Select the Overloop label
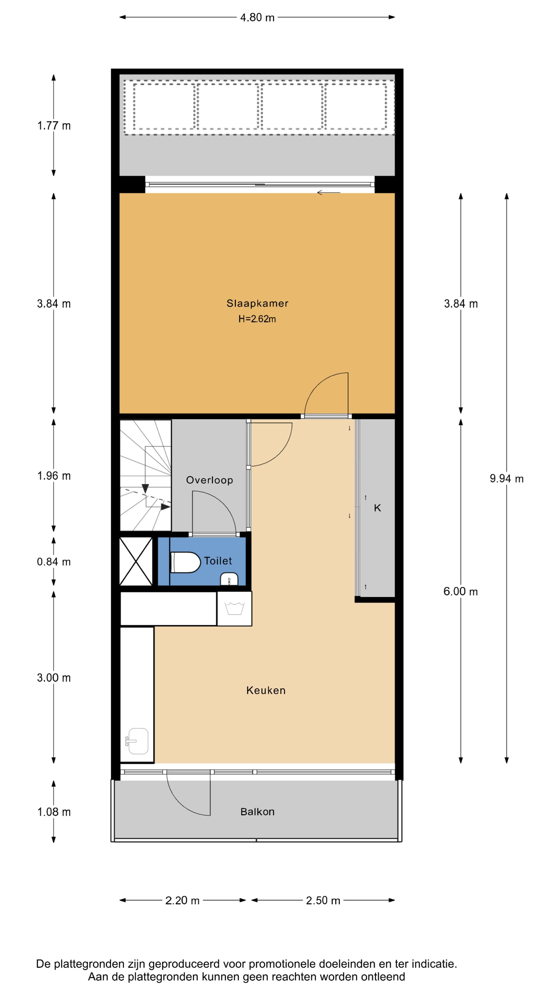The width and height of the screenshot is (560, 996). pos(209,480)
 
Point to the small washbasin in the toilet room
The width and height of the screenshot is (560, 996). pos(229,579)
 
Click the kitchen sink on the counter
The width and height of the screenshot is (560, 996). pos(137,741)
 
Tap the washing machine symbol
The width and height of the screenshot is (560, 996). pos(235,608)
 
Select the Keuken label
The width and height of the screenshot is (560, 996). pos(266,690)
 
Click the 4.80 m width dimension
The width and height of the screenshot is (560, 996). pos(257,17)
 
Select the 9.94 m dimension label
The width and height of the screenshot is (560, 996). pos(507,479)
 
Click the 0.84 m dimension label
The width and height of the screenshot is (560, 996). pos(54,562)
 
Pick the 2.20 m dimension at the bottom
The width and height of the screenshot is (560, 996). pos(183,901)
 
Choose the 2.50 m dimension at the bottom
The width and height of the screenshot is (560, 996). pos(323,901)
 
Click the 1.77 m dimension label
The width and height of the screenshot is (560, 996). pos(54,126)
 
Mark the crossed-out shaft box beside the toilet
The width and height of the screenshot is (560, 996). pos(136,561)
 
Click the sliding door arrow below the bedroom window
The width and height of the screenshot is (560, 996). pos(328,192)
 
